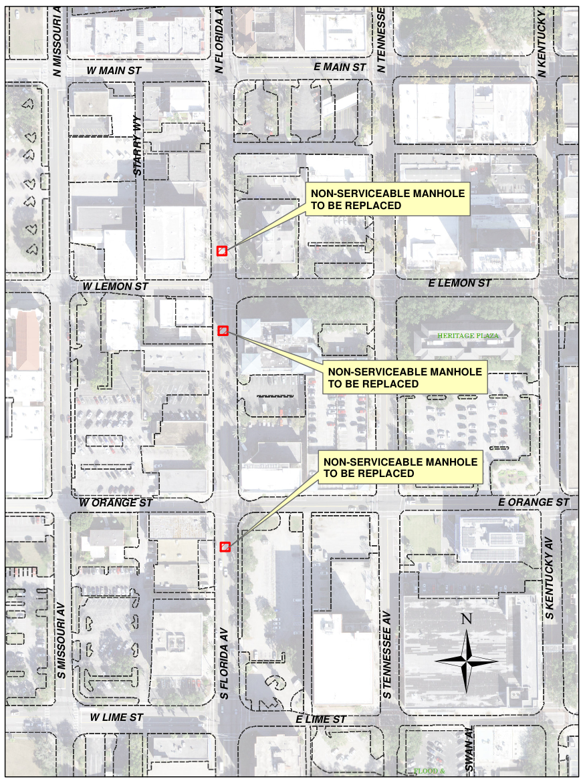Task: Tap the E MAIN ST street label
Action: (340, 67)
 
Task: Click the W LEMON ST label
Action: (115, 286)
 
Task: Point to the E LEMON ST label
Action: (459, 283)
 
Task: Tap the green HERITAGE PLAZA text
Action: (468, 335)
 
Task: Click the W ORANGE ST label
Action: (116, 502)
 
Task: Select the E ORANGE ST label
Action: (534, 502)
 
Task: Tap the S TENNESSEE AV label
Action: (387, 654)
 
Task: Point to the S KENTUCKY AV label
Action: (550, 577)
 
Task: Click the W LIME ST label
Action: (117, 717)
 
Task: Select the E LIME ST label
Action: (320, 719)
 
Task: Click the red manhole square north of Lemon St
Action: (223, 251)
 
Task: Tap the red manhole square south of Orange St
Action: (225, 546)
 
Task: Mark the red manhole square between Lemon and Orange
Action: (223, 330)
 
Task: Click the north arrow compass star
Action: (467, 660)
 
